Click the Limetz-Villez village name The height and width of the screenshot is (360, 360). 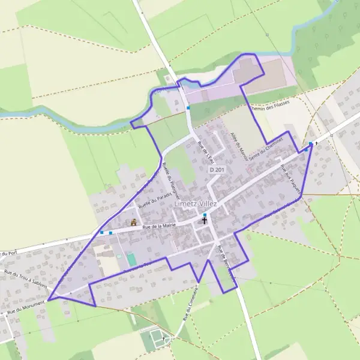click(195, 204)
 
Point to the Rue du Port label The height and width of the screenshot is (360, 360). click(8, 253)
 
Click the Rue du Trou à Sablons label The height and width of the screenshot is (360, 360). click(25, 280)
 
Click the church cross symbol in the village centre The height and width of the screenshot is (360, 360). click(205, 221)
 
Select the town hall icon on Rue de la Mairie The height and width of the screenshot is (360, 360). click(134, 222)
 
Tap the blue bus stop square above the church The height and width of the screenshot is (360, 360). click(205, 215)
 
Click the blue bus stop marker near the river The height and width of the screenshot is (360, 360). click(188, 108)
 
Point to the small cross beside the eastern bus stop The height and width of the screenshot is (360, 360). click(316, 144)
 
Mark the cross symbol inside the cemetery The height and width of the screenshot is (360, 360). click(163, 339)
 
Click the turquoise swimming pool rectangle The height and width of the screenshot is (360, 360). click(131, 259)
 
